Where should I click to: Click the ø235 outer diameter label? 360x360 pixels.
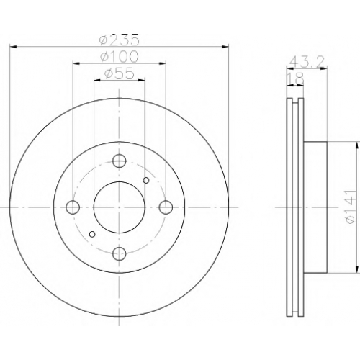(119, 40)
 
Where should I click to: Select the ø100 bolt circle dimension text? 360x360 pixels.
(119, 56)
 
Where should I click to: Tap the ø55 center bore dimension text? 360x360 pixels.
(119, 73)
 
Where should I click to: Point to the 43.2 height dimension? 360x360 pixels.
(307, 63)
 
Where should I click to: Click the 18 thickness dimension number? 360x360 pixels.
(295, 78)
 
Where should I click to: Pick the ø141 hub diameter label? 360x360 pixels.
(350, 207)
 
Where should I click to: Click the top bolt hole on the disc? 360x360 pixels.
(120, 161)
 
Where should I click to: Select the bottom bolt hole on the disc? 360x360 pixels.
(120, 253)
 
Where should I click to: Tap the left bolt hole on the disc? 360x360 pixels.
(73, 207)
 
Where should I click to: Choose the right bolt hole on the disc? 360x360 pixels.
(166, 207)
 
